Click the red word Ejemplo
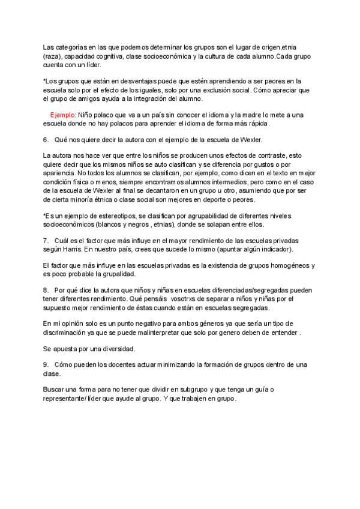point(62,115)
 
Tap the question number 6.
point(46,139)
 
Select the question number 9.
point(46,364)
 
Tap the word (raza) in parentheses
point(53,56)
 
